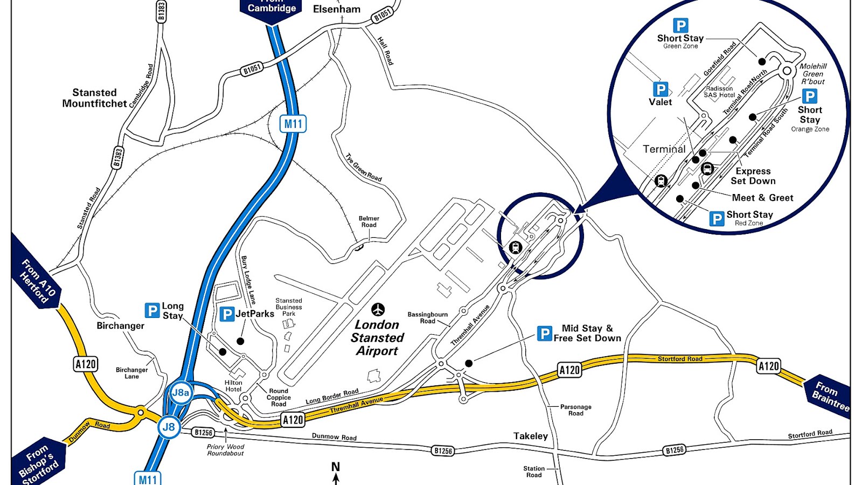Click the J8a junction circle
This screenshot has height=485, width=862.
click(x=180, y=393)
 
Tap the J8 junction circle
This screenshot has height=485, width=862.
click(x=169, y=427)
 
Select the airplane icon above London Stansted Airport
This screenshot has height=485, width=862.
click(x=378, y=309)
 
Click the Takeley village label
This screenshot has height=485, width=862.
click(x=530, y=436)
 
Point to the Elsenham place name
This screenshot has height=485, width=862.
click(x=337, y=9)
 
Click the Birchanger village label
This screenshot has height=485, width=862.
click(x=120, y=325)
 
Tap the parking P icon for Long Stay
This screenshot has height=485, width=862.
click(x=152, y=310)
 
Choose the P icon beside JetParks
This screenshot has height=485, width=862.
click(x=227, y=314)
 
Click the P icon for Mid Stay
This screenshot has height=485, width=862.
click(x=544, y=334)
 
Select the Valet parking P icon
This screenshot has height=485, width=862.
click(x=660, y=89)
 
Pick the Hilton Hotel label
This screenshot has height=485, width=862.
click(x=233, y=386)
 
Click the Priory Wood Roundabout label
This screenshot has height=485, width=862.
click(x=225, y=450)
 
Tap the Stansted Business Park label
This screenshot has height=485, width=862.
click(x=289, y=307)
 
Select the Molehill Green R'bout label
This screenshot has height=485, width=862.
click(x=812, y=74)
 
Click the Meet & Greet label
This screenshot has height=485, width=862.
click(x=762, y=198)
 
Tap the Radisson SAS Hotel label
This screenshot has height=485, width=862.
click(x=719, y=92)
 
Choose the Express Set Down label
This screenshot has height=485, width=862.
click(x=753, y=176)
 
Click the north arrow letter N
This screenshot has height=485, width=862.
click(x=336, y=467)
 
